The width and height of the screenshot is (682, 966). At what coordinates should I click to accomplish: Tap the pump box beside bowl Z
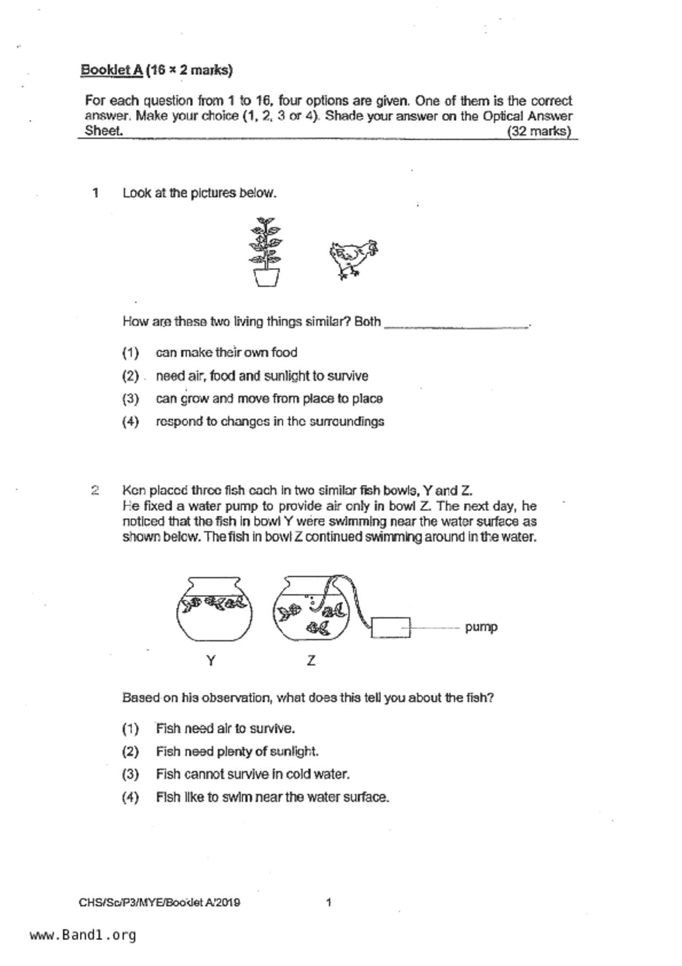coord(391,627)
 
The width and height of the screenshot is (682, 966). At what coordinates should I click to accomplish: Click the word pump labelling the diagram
coord(481,627)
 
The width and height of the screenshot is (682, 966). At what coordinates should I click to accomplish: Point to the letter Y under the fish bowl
coord(211,660)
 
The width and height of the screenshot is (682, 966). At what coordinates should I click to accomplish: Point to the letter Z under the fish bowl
coord(311,660)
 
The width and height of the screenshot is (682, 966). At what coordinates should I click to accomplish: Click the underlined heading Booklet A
coord(112,70)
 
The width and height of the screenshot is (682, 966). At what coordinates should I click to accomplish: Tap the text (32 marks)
coord(539,131)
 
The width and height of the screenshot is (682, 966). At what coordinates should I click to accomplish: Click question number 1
coord(96,193)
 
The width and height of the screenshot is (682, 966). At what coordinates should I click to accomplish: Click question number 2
coord(95,490)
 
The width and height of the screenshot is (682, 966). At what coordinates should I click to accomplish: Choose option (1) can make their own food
coord(226,352)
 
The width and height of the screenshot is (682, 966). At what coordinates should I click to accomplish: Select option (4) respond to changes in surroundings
coord(270,421)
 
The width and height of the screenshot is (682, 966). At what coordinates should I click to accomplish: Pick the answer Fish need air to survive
coord(225,729)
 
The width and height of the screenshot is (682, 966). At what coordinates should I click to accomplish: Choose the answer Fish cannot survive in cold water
coord(253,774)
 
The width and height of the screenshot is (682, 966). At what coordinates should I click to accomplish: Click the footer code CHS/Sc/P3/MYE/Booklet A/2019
coord(159,903)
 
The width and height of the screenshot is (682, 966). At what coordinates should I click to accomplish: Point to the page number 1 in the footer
coord(329,902)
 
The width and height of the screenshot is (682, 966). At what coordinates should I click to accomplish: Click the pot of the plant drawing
coord(266,277)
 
